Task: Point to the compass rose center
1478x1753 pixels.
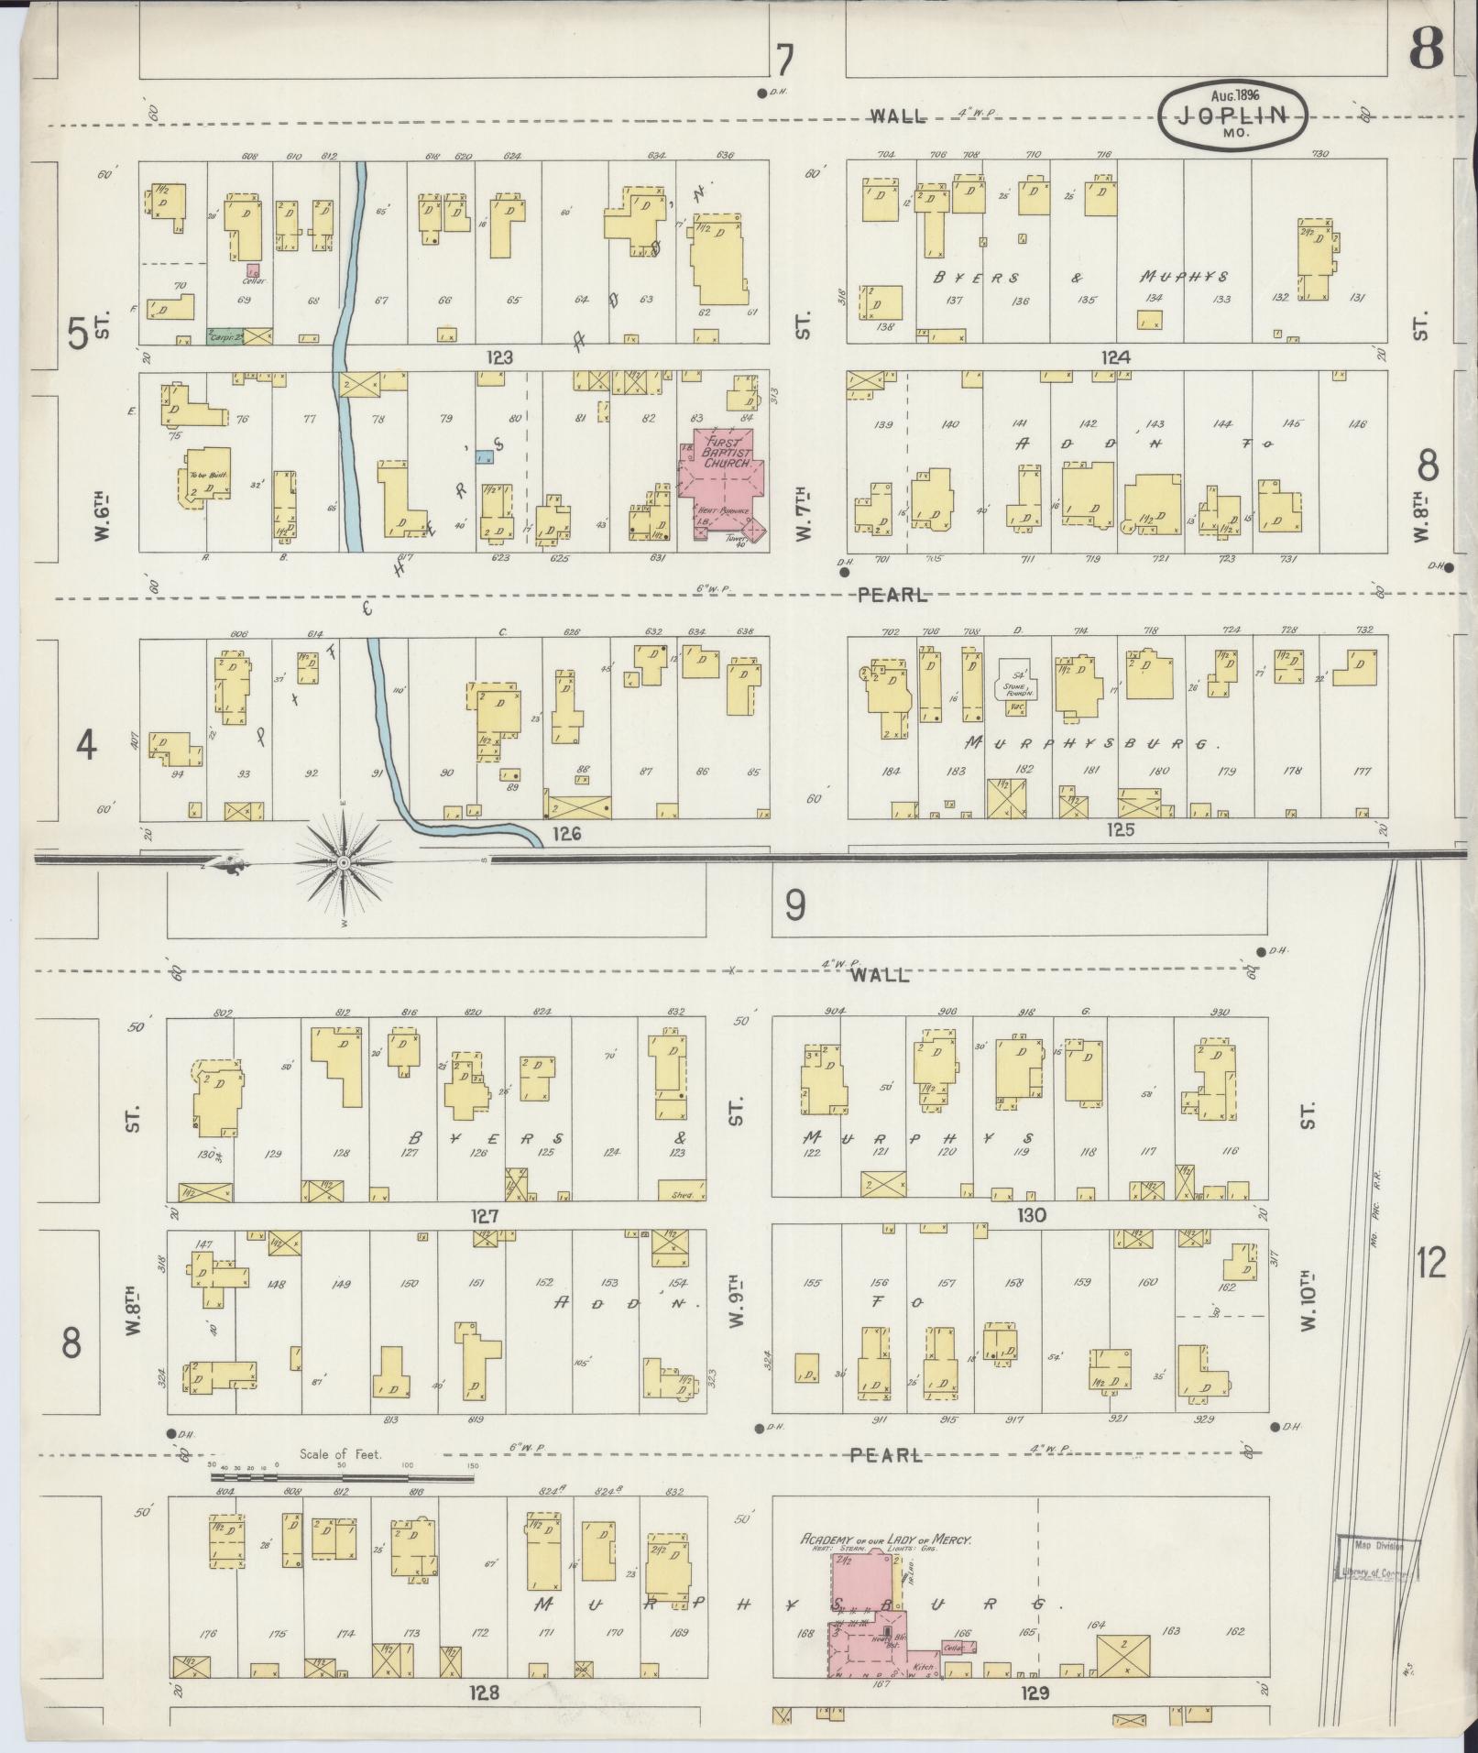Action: pos(343,863)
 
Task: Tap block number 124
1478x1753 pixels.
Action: pos(1116,356)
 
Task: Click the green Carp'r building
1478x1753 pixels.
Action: pos(224,336)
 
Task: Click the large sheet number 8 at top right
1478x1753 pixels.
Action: pos(1426,48)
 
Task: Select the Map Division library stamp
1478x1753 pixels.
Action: pos(1374,1559)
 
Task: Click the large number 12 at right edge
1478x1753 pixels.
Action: pos(1430,1265)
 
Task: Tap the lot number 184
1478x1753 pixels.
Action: pos(890,772)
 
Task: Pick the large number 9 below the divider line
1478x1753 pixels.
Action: pos(794,905)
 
